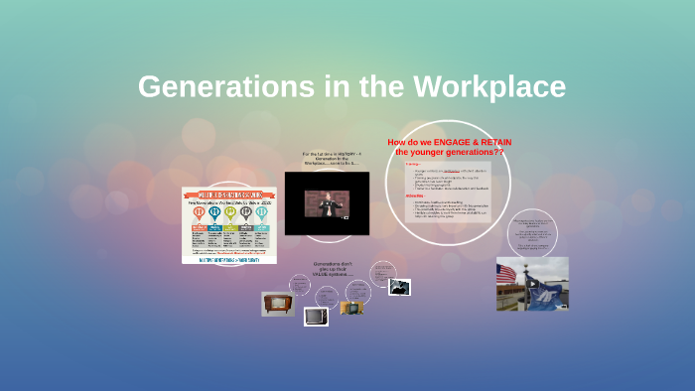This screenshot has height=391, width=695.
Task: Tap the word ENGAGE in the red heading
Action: (x=458, y=142)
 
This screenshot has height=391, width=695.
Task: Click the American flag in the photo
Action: (x=506, y=274)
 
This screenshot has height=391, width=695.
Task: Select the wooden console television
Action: (x=278, y=304)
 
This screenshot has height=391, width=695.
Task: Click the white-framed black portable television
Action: (x=316, y=318)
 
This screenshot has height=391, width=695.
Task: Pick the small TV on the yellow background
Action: (x=351, y=308)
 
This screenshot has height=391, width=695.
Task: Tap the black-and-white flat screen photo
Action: (x=399, y=286)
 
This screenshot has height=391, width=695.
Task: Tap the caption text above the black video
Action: (x=328, y=159)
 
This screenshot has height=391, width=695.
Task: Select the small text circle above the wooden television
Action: (x=299, y=285)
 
